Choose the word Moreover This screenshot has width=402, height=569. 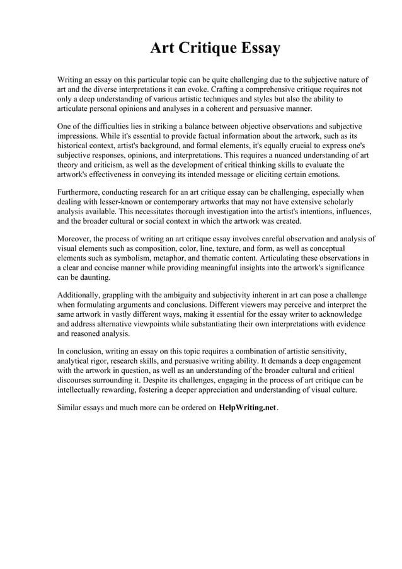(x=76, y=239)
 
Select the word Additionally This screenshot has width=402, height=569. (x=80, y=295)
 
